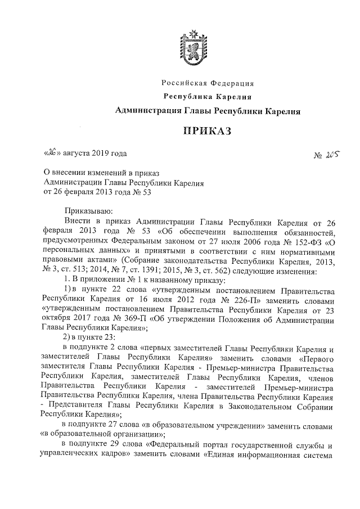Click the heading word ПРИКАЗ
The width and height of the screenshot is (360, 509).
[x=208, y=131]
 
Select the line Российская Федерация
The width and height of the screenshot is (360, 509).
[x=208, y=84]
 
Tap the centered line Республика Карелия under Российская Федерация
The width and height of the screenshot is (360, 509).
[x=207, y=97]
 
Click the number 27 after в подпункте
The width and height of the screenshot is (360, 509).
[x=116, y=425]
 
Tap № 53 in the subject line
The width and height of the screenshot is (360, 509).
[x=143, y=191]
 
